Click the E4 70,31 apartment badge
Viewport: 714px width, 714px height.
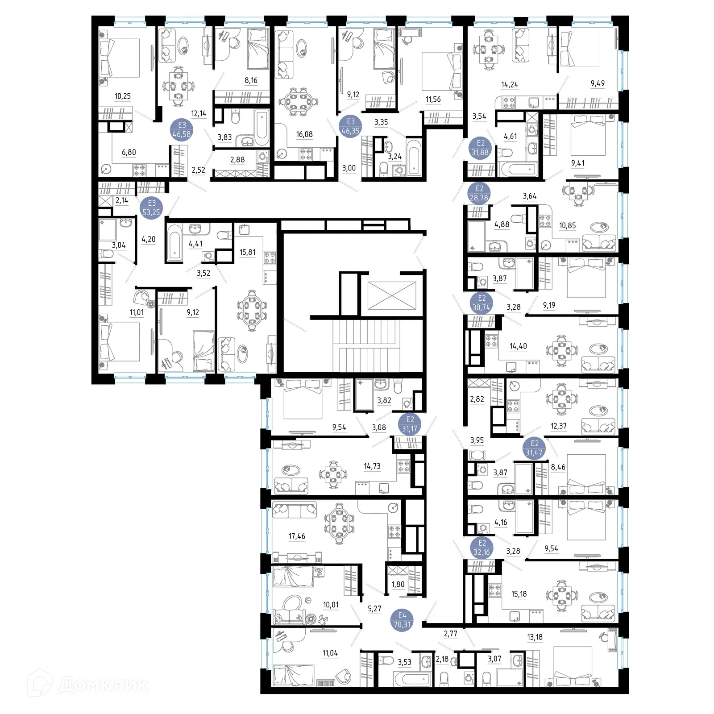click(x=402, y=620)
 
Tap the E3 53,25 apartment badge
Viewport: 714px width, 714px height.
click(x=152, y=208)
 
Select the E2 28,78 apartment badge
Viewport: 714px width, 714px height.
click(x=479, y=193)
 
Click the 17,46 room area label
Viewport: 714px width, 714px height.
click(x=297, y=536)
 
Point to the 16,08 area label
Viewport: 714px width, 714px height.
click(x=304, y=134)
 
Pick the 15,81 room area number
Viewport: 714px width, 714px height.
click(x=248, y=252)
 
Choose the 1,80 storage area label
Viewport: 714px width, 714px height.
click(x=398, y=585)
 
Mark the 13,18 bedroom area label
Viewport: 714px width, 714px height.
click(x=535, y=637)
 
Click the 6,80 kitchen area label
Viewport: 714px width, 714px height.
click(x=129, y=153)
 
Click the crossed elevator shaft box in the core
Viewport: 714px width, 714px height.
click(x=392, y=295)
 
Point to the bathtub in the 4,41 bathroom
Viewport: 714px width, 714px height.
click(x=174, y=243)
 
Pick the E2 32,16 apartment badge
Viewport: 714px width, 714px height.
click(x=482, y=548)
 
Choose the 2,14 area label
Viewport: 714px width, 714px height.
click(x=122, y=201)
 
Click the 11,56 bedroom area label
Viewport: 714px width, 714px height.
click(x=433, y=100)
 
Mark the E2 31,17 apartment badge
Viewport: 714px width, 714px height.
click(x=410, y=424)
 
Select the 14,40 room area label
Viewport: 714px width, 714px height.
click(x=518, y=346)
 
